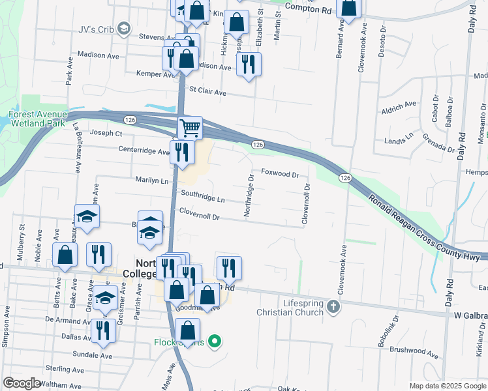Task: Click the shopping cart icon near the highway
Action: click(x=190, y=128)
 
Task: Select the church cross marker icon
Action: click(x=333, y=306)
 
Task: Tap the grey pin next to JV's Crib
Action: click(x=125, y=28)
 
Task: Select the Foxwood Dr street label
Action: click(x=280, y=174)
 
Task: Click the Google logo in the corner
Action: click(x=22, y=383)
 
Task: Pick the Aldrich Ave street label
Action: click(x=399, y=104)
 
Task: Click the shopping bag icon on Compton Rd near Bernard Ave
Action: click(x=349, y=8)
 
